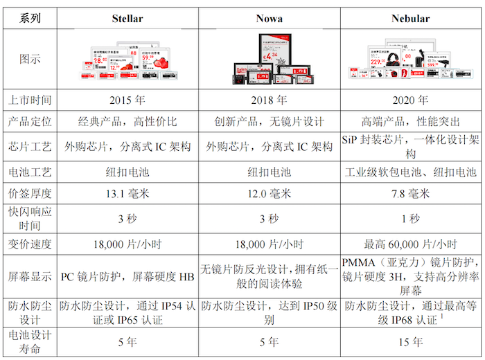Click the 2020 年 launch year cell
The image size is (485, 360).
click(410, 100)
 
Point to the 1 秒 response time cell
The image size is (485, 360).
click(410, 219)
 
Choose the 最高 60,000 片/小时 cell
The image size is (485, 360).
click(410, 244)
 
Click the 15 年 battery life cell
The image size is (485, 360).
click(410, 341)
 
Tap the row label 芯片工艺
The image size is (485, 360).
click(30, 147)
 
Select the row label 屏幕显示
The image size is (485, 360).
click(30, 276)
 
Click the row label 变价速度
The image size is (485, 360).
click(30, 244)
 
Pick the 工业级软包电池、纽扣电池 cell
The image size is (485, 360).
click(410, 171)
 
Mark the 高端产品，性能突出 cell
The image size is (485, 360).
click(410, 122)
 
